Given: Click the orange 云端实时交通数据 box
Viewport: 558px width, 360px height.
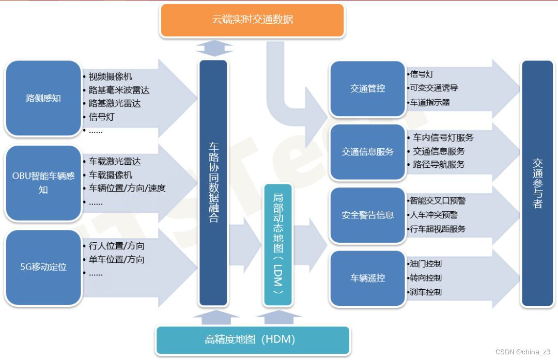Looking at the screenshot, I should pyautogui.click(x=252, y=20).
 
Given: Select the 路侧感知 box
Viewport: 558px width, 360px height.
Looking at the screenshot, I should pyautogui.click(x=43, y=98).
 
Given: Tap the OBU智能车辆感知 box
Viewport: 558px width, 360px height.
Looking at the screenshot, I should pyautogui.click(x=43, y=182).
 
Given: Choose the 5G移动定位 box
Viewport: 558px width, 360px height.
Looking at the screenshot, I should pyautogui.click(x=43, y=267).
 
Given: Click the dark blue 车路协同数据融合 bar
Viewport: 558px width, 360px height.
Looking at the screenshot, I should pyautogui.click(x=213, y=182).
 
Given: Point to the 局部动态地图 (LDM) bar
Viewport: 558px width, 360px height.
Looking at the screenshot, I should pyautogui.click(x=278, y=244).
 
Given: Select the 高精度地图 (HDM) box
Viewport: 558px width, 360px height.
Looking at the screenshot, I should pyautogui.click(x=253, y=340).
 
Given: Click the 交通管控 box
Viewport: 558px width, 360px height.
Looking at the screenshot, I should pyautogui.click(x=367, y=88).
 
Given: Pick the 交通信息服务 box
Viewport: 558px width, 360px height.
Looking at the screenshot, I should pyautogui.click(x=367, y=152).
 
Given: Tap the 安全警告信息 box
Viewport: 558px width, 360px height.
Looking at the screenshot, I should pyautogui.click(x=367, y=215).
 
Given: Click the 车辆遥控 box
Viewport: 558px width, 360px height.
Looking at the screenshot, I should pyautogui.click(x=367, y=278).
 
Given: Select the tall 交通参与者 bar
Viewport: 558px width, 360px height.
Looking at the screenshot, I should pyautogui.click(x=537, y=183).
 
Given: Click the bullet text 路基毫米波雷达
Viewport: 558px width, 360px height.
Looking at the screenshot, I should pyautogui.click(x=119, y=90).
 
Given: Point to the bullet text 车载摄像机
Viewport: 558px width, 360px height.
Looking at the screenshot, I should pyautogui.click(x=111, y=175).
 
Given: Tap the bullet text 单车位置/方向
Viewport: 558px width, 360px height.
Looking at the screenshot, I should pyautogui.click(x=116, y=259).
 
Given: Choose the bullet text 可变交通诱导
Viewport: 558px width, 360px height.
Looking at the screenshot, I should pyautogui.click(x=433, y=88).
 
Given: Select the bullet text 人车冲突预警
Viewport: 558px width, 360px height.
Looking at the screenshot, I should pyautogui.click(x=433, y=214).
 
